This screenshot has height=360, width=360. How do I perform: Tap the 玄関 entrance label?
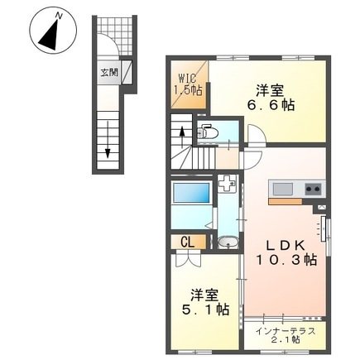pyautogui.click(x=109, y=72)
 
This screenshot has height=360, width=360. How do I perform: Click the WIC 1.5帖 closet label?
pyautogui.click(x=183, y=85)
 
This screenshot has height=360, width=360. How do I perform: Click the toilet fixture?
pyautogui.click(x=208, y=131)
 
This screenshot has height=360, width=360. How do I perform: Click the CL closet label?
pyautogui.click(x=188, y=242)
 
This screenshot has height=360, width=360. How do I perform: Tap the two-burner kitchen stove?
pyautogui.click(x=313, y=190)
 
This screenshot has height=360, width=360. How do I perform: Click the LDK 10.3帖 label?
pyautogui.click(x=286, y=251)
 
